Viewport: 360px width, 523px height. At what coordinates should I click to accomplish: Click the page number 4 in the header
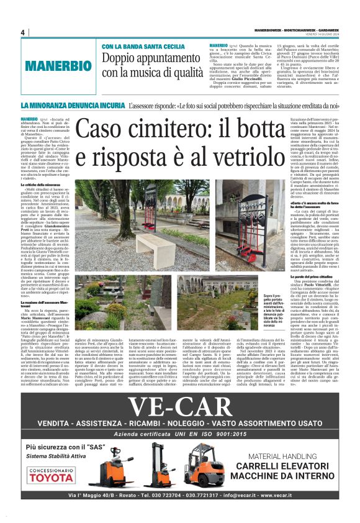(22, 32)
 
